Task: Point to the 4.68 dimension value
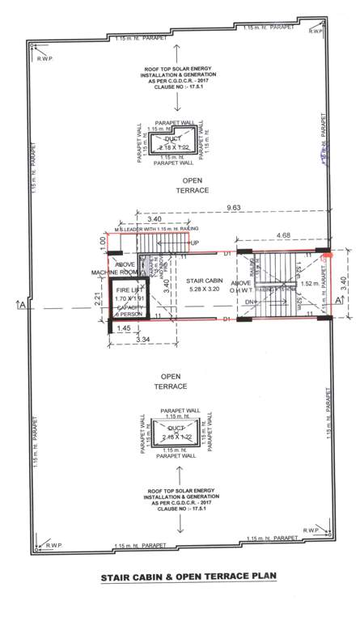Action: (x=282, y=236)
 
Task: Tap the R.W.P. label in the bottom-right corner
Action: (x=308, y=530)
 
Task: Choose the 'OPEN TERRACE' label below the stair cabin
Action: (x=171, y=382)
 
